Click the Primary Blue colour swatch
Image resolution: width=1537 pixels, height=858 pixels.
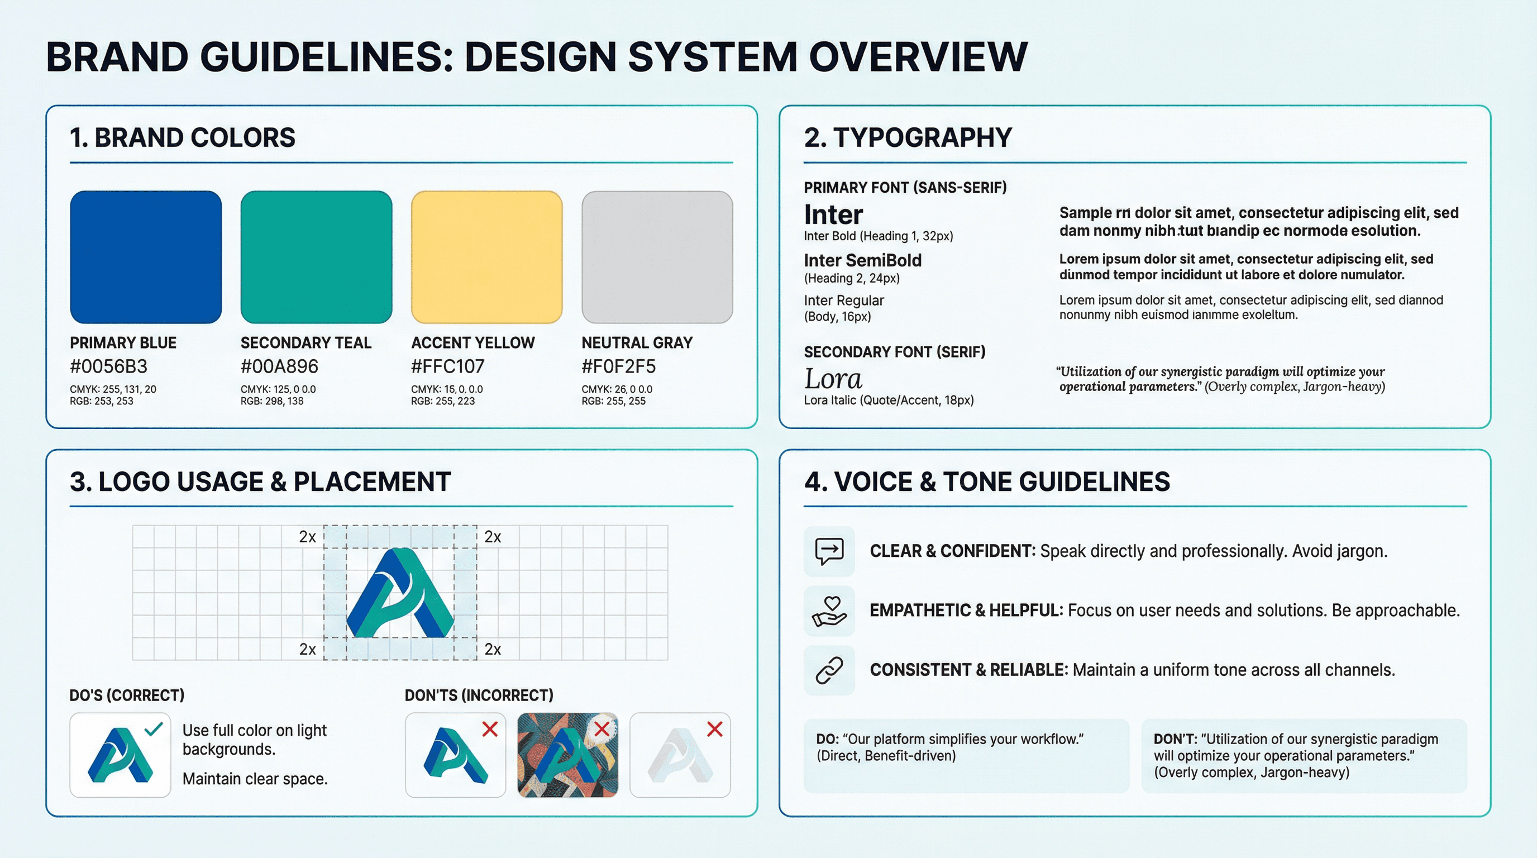(146, 257)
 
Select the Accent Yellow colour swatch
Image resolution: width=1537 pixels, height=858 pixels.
(486, 257)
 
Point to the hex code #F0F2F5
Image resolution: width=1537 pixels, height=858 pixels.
(618, 366)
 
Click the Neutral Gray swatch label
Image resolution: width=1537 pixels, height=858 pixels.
(637, 342)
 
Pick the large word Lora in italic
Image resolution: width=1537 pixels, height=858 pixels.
(833, 378)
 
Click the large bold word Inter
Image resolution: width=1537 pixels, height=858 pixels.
(833, 214)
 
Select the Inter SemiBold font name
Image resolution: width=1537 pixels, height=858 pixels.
(862, 260)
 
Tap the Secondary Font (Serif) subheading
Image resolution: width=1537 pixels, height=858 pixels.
(894, 352)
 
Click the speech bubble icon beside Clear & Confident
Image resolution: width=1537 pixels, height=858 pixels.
(829, 551)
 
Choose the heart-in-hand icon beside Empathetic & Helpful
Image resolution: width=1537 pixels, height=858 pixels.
(829, 611)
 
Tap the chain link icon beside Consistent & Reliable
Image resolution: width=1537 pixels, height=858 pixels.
(829, 670)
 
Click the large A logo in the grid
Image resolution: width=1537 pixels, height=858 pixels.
(400, 593)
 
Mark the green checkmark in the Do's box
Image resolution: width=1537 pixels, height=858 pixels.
(154, 728)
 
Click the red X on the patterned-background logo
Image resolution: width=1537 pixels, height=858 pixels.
(602, 728)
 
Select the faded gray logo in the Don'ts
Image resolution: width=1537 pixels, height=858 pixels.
(679, 756)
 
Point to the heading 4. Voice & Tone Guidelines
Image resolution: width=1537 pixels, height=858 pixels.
(986, 482)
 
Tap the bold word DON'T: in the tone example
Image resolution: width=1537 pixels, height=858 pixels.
(1175, 738)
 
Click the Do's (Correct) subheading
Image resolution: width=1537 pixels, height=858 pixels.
(126, 695)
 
